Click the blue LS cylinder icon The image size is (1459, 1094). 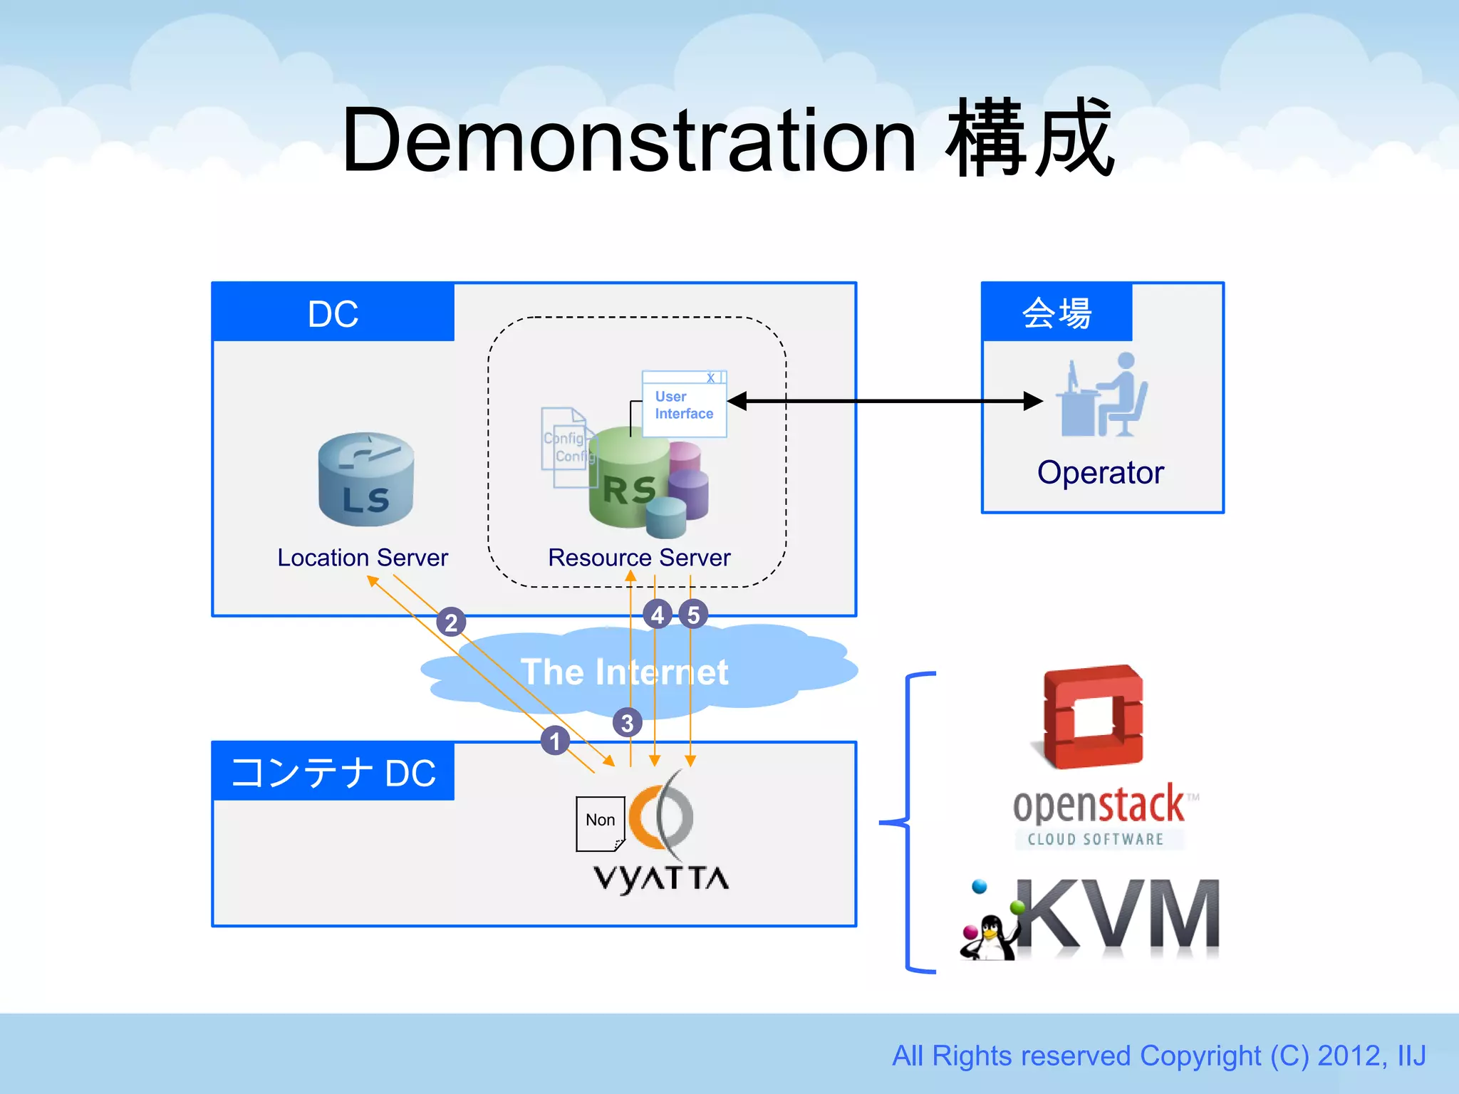point(365,479)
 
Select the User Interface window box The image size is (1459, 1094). point(684,405)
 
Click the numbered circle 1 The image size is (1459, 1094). point(555,741)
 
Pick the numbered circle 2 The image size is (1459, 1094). point(451,622)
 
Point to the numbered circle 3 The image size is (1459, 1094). point(627,723)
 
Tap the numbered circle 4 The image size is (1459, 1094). point(657,615)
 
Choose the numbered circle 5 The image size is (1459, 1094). point(693,615)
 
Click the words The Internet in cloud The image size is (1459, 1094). point(624,672)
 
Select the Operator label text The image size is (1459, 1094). point(1100,473)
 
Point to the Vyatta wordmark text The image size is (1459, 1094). point(661,879)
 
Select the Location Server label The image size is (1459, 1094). point(363,558)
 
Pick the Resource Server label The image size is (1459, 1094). point(639,558)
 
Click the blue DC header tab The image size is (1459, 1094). point(333,313)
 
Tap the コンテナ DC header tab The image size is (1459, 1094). point(333,772)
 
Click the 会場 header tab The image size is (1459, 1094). point(1056,313)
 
